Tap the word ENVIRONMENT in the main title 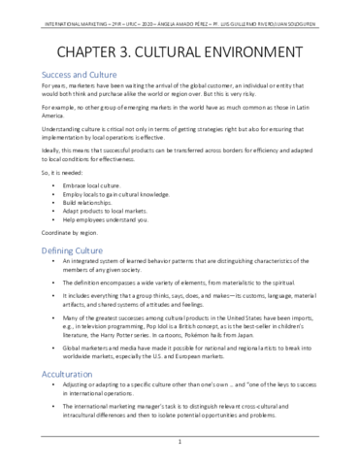(x=266, y=50)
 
